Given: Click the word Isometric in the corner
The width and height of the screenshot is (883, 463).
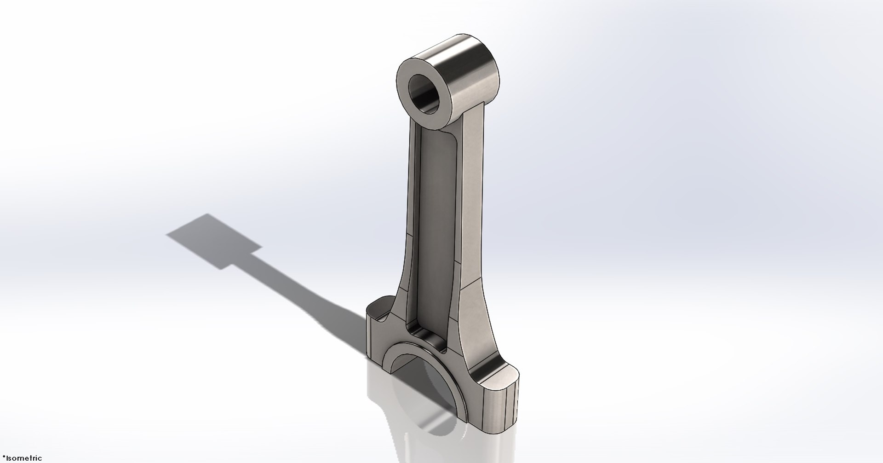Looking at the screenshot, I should tap(23, 458).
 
